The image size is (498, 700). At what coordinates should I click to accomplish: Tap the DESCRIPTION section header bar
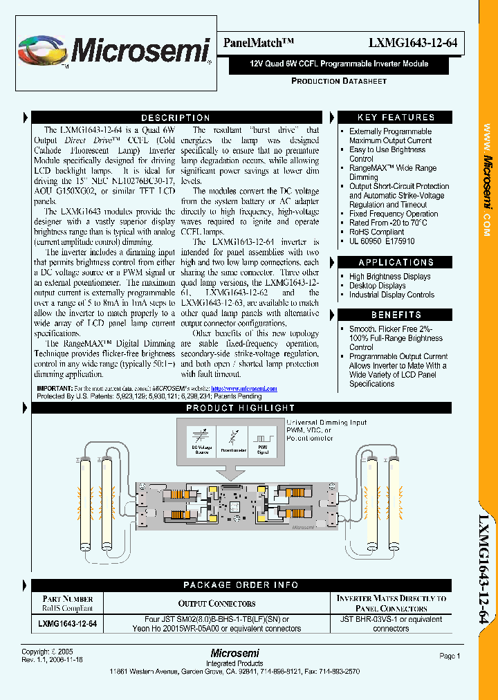tap(176, 118)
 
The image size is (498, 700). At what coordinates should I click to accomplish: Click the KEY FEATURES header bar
tap(396, 118)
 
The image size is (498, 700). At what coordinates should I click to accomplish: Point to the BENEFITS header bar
tap(396, 315)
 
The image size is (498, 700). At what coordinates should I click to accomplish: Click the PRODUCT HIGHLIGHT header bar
tap(241, 408)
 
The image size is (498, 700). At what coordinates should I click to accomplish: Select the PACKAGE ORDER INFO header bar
tap(241, 585)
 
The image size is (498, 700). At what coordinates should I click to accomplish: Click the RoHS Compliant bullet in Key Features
tap(376, 232)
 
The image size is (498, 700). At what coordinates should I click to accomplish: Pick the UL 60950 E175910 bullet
tap(382, 241)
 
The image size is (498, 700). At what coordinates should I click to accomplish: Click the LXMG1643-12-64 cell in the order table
tap(67, 624)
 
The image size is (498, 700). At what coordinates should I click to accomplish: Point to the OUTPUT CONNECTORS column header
tap(216, 604)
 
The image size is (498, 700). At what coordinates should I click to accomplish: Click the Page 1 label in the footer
tap(449, 656)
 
